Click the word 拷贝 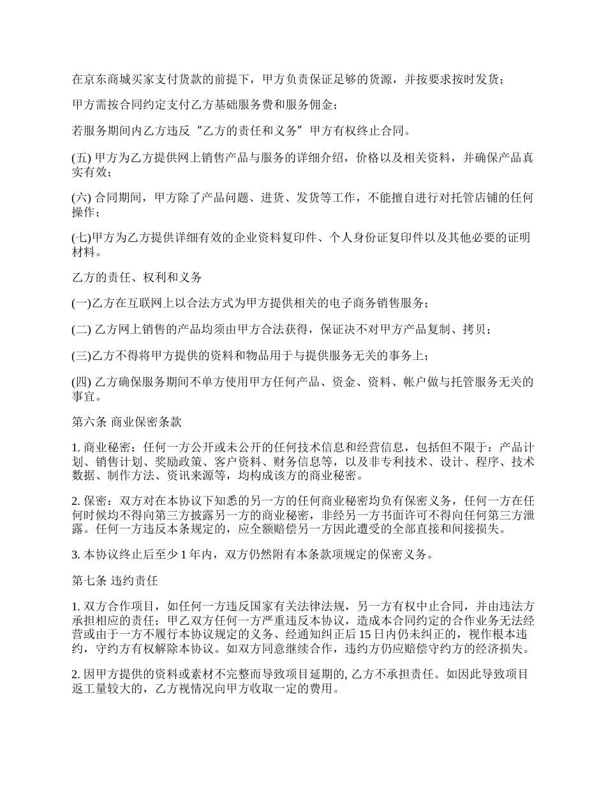(477, 330)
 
